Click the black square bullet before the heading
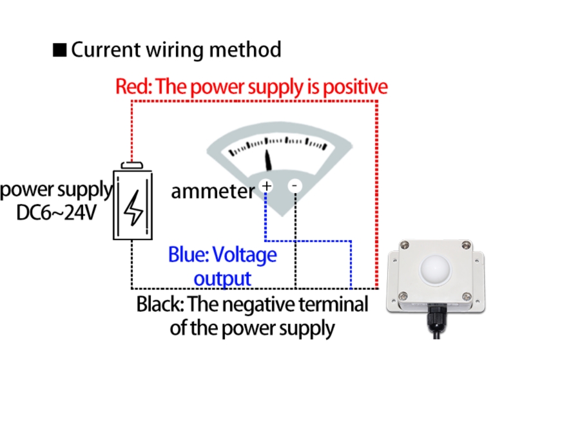click(x=59, y=50)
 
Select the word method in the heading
click(x=249, y=50)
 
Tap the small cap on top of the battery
click(x=132, y=165)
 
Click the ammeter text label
click(x=213, y=191)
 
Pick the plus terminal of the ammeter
click(x=266, y=186)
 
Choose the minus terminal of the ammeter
click(x=295, y=186)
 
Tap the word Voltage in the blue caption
click(x=244, y=255)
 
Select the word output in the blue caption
click(x=222, y=279)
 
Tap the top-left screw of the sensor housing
click(x=404, y=245)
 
